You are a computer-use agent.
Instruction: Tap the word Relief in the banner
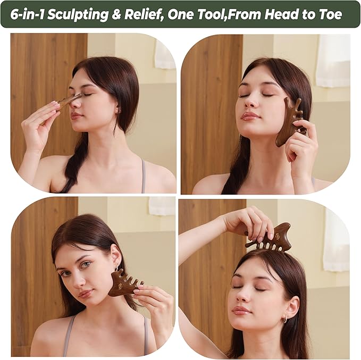tap(142, 15)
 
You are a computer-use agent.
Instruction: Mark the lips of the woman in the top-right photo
tap(250, 116)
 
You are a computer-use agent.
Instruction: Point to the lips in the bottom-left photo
tap(86, 293)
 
